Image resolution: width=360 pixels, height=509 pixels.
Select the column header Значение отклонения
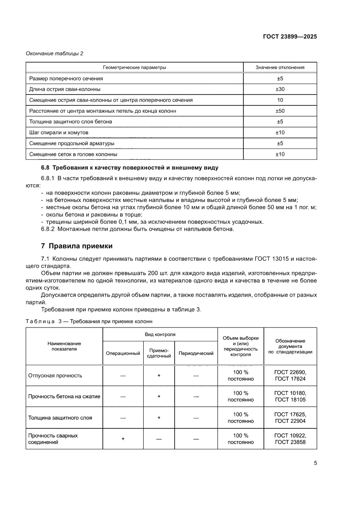(x=280, y=67)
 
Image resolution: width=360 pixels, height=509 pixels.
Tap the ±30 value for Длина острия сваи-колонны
(x=280, y=89)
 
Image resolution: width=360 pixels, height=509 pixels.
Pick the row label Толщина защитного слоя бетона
(x=71, y=121)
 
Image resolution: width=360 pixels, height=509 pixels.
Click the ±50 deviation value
(x=280, y=111)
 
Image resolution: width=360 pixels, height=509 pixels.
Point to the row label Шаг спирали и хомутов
(x=59, y=132)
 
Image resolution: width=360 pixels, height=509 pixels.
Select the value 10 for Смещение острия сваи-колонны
(x=280, y=100)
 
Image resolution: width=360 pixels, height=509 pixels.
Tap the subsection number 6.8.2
(x=49, y=229)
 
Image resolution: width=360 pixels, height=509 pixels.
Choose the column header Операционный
(x=123, y=353)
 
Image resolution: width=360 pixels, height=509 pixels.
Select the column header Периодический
(x=196, y=353)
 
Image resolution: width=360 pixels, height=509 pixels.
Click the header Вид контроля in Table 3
(x=160, y=334)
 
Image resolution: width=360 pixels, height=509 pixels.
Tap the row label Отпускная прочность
(x=55, y=375)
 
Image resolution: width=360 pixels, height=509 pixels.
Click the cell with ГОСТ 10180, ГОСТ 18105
(x=290, y=396)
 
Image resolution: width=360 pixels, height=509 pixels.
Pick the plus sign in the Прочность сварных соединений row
(x=123, y=439)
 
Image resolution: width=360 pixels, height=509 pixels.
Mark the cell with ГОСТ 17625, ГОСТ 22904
(x=290, y=418)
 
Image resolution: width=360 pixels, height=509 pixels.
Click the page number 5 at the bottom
(x=315, y=463)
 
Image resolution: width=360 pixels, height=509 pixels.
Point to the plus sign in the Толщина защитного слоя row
(x=159, y=418)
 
